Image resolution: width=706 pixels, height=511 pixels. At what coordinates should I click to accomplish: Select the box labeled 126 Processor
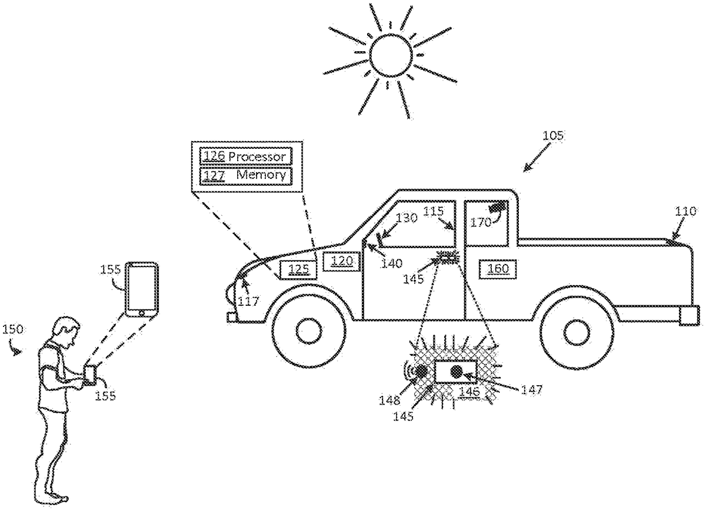tap(245, 156)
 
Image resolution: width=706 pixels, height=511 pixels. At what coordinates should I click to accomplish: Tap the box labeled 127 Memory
tap(245, 175)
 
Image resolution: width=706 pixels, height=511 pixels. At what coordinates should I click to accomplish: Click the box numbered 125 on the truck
tap(298, 269)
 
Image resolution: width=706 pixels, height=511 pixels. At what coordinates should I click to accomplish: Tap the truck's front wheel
tap(307, 330)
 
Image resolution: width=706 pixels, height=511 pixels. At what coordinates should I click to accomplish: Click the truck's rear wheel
tap(579, 330)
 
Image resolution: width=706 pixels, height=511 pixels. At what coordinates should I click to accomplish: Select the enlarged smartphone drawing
tap(142, 290)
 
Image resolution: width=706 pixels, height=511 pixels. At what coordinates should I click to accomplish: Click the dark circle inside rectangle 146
tap(456, 371)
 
